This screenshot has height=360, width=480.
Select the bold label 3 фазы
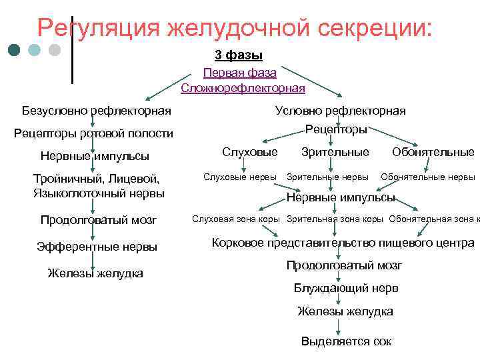pyautogui.click(x=239, y=55)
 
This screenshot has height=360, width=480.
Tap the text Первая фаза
pyautogui.click(x=239, y=72)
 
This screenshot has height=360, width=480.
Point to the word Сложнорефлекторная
pyautogui.click(x=243, y=87)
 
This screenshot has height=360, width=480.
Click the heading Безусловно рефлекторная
pyautogui.click(x=96, y=110)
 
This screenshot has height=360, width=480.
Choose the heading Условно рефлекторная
pyautogui.click(x=340, y=111)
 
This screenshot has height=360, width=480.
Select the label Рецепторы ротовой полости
pyautogui.click(x=93, y=133)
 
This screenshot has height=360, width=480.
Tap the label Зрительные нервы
pyautogui.click(x=327, y=177)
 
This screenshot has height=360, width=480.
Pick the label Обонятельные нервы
pyautogui.click(x=427, y=177)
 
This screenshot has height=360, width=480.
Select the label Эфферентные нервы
pyautogui.click(x=97, y=247)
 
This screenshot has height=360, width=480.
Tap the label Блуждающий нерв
pyautogui.click(x=346, y=289)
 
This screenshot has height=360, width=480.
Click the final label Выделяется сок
pyautogui.click(x=346, y=341)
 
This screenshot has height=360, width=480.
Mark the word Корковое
pyautogui.click(x=237, y=243)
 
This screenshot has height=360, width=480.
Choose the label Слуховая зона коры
pyautogui.click(x=236, y=219)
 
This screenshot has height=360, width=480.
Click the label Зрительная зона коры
pyautogui.click(x=335, y=219)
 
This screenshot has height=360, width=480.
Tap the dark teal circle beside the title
pyautogui.click(x=15, y=50)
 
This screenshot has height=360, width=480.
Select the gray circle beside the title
pyautogui.click(x=55, y=50)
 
